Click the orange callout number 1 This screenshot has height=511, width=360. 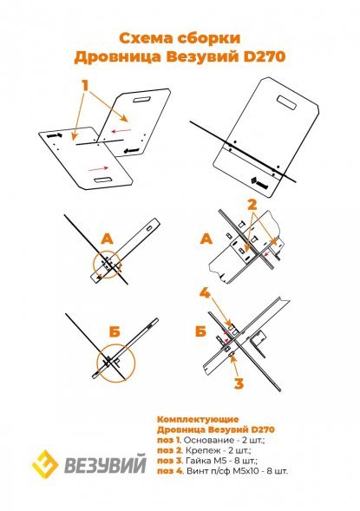[x=85, y=85]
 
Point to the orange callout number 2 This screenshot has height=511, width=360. [x=252, y=205]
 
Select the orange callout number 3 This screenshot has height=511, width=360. [x=239, y=383]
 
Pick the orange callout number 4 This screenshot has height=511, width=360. [x=205, y=293]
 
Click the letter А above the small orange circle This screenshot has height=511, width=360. [x=108, y=239]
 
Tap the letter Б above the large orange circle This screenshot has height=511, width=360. [x=115, y=331]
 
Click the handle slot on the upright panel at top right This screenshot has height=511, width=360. [x=286, y=102]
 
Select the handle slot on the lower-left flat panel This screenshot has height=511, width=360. [x=103, y=180]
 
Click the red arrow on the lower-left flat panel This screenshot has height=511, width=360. [x=99, y=168]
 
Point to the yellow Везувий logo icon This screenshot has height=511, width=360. [x=45, y=464]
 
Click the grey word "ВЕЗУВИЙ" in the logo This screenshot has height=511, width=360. [x=105, y=464]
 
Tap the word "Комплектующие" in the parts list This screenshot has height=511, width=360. [x=198, y=419]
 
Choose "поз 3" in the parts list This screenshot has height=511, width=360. [x=169, y=462]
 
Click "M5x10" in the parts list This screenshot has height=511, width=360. [x=252, y=471]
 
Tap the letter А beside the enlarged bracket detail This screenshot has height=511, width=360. [x=206, y=239]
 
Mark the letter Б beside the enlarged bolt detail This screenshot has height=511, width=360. [x=201, y=331]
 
